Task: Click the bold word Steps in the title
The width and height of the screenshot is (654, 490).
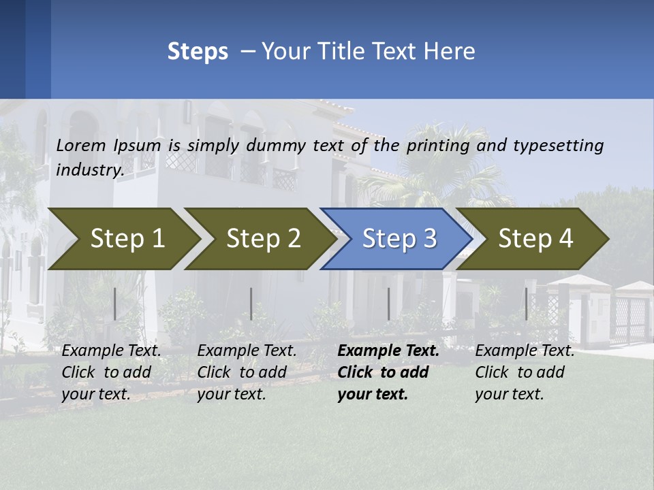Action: pos(198,52)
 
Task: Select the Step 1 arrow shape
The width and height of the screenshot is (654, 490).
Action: pos(123,239)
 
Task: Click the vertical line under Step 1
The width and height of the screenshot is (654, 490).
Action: pos(115,304)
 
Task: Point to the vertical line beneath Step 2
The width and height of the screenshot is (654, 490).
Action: pos(251,304)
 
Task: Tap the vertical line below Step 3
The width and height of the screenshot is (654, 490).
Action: pos(388,304)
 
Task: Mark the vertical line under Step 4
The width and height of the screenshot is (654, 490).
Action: pos(526,304)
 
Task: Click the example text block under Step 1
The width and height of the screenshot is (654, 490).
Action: pos(111,372)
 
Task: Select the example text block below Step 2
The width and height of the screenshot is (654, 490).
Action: pos(247,372)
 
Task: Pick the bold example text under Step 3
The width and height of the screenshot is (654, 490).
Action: pos(388,372)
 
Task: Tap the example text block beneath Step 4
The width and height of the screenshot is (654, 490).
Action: pos(525,372)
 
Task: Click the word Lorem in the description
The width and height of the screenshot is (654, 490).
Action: pos(81,146)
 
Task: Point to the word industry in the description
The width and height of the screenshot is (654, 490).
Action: pos(89,170)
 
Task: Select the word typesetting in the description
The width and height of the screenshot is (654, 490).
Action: pos(558,146)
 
